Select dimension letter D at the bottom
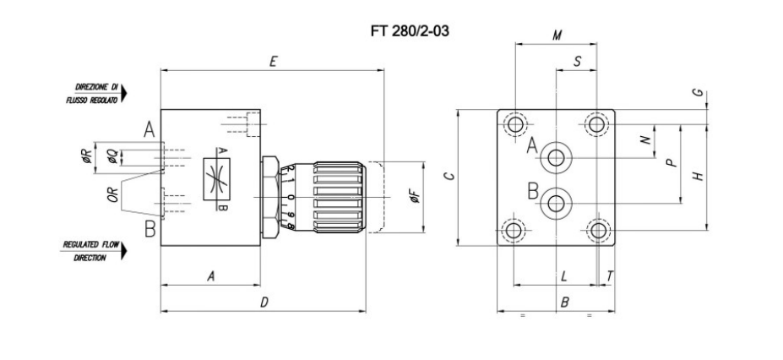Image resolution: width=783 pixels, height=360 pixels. (264, 302)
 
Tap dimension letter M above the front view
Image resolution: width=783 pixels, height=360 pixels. (557, 35)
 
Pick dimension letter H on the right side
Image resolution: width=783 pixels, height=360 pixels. (698, 176)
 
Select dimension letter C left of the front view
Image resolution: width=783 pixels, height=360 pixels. (449, 177)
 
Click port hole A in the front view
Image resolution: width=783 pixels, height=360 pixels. (556, 156)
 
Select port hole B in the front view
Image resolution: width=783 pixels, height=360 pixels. (556, 203)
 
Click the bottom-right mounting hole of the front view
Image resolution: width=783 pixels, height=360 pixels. (598, 231)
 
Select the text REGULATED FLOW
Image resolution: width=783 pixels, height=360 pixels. (87, 244)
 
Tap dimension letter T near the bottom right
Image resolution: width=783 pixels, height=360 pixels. (609, 276)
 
